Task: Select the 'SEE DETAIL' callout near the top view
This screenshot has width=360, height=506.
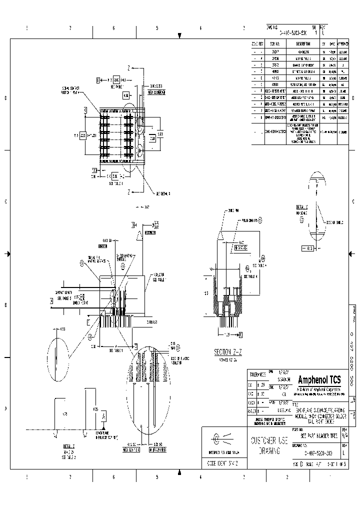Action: click(163, 193)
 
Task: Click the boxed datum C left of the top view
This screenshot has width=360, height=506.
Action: click(85, 109)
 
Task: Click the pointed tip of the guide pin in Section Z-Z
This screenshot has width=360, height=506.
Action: click(220, 233)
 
